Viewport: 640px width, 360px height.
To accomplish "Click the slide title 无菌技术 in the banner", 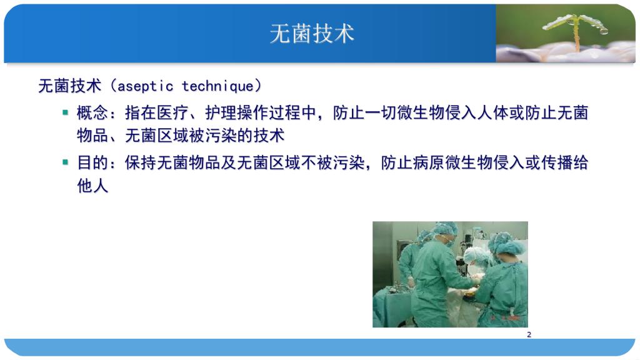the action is click(x=312, y=34).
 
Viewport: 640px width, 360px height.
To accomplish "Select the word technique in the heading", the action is click(x=217, y=86).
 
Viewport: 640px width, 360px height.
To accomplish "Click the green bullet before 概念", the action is click(x=65, y=112).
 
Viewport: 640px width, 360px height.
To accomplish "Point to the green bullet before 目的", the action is click(x=65, y=162).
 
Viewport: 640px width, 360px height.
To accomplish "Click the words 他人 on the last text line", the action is click(x=92, y=186).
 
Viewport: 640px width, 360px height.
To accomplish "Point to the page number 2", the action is click(x=529, y=335).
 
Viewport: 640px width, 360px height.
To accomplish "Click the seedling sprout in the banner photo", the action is click(x=576, y=31).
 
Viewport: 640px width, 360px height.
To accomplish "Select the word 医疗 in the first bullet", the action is click(x=172, y=113).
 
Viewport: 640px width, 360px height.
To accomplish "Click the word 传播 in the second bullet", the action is click(x=557, y=163).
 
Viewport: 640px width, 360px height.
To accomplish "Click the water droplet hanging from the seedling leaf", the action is click(x=604, y=31).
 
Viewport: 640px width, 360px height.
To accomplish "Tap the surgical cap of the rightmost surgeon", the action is click(x=506, y=243).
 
